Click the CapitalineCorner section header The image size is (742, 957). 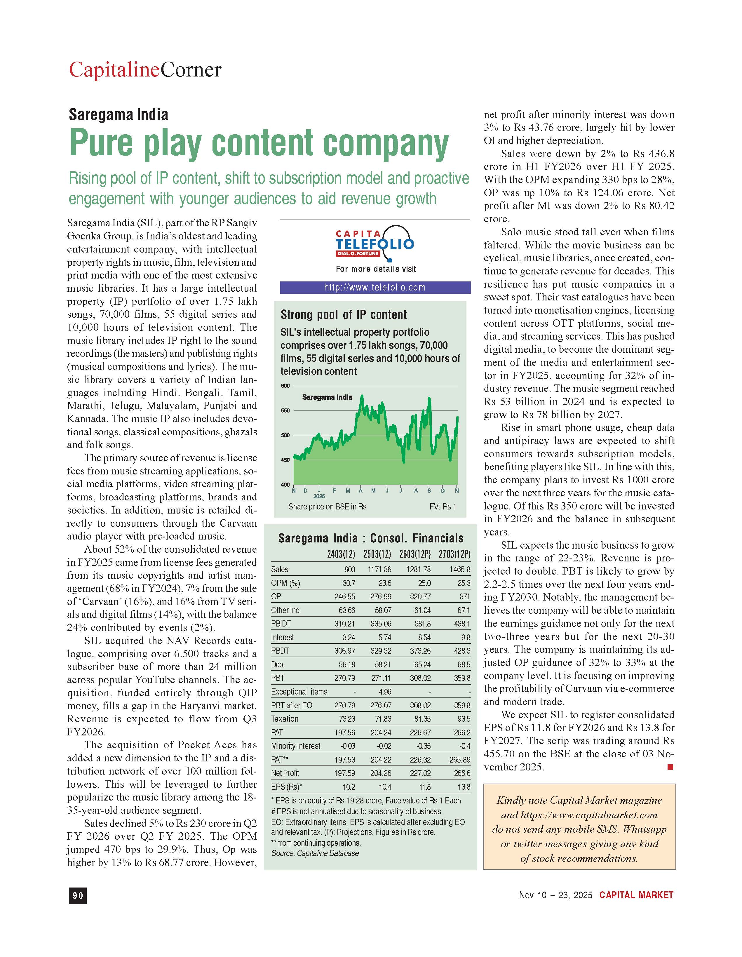tap(145, 70)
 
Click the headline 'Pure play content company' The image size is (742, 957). tap(259, 143)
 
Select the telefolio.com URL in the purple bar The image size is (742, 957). tap(375, 288)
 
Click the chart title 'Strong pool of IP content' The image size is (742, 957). tap(343, 315)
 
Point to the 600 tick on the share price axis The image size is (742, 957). tap(285, 386)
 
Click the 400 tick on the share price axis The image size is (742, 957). tap(285, 485)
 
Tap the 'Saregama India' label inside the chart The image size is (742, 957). tap(327, 397)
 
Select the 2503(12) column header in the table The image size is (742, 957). tap(377, 554)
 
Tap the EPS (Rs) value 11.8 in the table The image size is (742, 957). tap(424, 787)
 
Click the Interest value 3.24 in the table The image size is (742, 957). tap(347, 638)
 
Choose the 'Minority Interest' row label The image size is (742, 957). tap(296, 746)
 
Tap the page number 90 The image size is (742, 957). tap(78, 896)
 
